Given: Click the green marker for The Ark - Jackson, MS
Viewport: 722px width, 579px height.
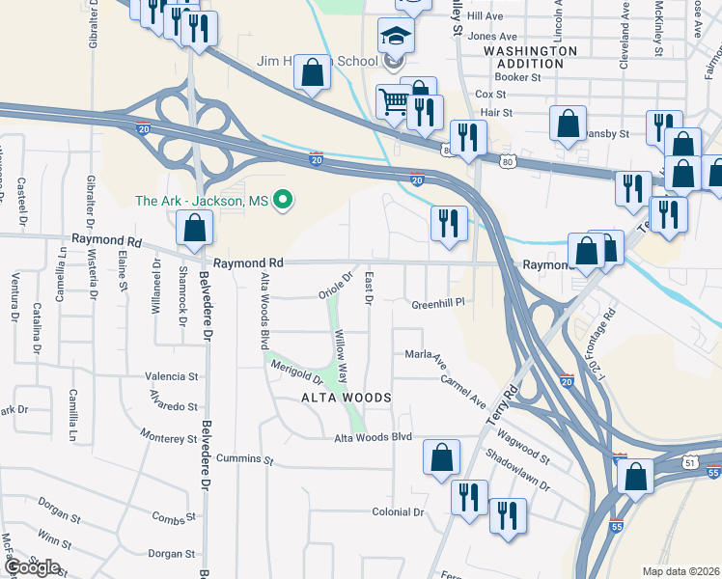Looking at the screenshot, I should click(283, 201).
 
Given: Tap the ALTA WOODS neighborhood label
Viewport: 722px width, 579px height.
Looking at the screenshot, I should click(346, 398).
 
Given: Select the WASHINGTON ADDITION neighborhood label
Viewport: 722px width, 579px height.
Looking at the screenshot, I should click(530, 56).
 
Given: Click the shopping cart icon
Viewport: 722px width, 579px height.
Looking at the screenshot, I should click(394, 100).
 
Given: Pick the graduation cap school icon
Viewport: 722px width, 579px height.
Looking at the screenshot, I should click(396, 36).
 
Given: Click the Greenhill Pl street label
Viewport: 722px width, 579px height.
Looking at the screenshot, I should click(439, 302).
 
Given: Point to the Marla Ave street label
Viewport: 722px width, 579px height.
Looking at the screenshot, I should click(426, 358).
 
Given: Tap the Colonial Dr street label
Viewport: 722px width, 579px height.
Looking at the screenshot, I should click(399, 512).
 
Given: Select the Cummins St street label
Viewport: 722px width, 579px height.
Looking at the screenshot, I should click(246, 457).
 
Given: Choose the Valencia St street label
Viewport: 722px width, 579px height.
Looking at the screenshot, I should click(171, 377).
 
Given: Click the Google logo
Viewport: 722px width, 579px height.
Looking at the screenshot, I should click(32, 567).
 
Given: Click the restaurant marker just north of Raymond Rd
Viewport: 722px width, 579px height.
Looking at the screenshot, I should click(449, 223).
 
